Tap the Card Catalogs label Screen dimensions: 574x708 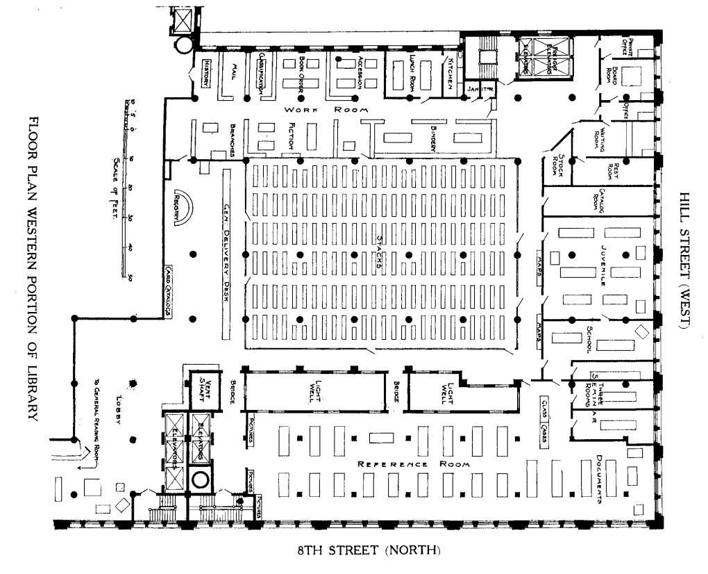point(168,293)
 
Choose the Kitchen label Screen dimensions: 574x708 point(450,73)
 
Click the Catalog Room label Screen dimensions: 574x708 point(595,199)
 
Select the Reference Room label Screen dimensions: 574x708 point(413,464)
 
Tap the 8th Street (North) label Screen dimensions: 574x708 point(369,552)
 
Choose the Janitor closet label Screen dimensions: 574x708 point(480,89)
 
